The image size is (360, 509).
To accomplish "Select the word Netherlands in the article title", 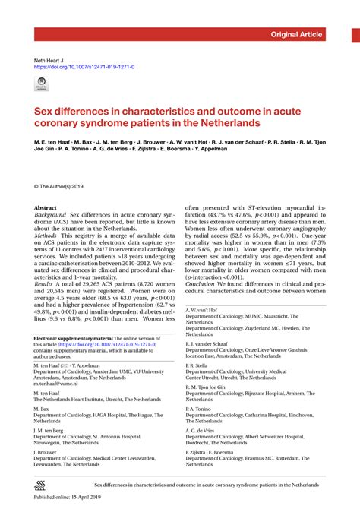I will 231,122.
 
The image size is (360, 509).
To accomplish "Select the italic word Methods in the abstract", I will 46,236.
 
